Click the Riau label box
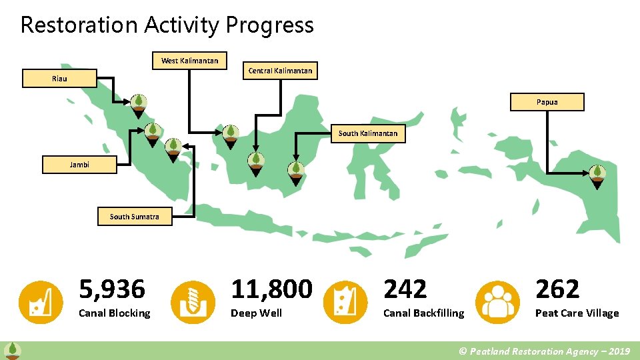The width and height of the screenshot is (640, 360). [59, 79]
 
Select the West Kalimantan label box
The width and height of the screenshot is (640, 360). [189, 61]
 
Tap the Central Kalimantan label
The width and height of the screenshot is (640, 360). [280, 70]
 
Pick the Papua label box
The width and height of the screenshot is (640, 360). [547, 102]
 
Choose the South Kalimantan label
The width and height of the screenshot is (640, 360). [367, 133]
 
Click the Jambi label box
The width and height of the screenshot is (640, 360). [79, 165]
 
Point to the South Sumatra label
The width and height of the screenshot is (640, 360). [134, 217]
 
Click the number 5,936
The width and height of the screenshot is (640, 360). [112, 289]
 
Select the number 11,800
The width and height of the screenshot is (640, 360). [271, 289]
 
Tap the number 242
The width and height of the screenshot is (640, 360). [405, 289]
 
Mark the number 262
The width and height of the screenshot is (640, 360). [557, 289]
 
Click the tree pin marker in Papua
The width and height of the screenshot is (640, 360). [598, 173]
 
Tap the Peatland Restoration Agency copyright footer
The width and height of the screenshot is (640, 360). [545, 351]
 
